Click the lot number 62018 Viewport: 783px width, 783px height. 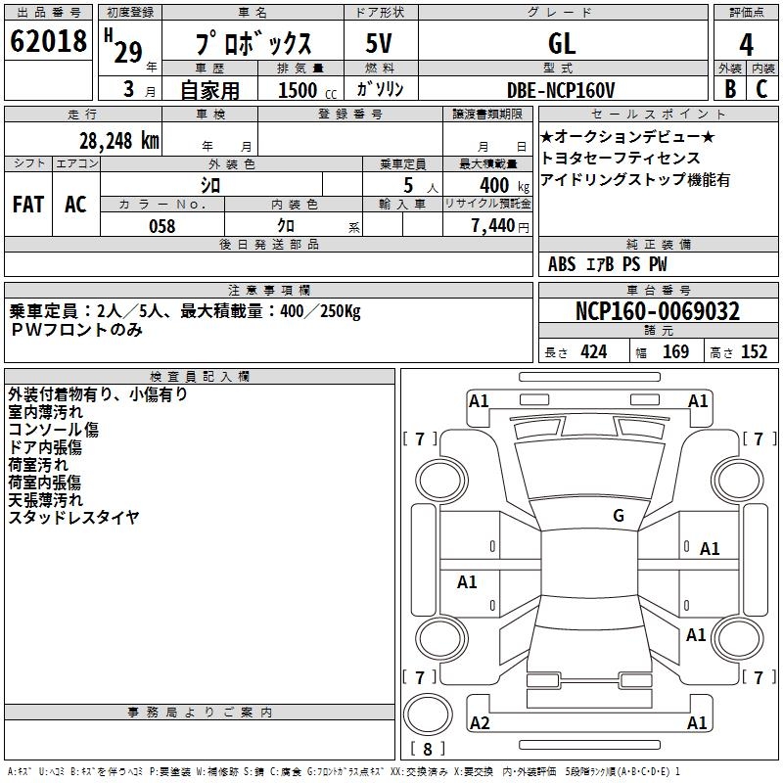click(x=48, y=40)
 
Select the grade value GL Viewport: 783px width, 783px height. click(x=562, y=43)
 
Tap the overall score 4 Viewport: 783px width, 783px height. click(x=746, y=44)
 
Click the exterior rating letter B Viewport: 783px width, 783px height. click(x=730, y=89)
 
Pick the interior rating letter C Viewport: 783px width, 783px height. click(x=761, y=89)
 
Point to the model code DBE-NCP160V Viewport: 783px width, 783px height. click(x=561, y=90)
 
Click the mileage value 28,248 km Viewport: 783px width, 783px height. click(x=119, y=141)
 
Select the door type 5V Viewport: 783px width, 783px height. click(x=379, y=43)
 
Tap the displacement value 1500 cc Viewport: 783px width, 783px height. click(x=307, y=90)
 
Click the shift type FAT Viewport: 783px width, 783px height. click(x=28, y=205)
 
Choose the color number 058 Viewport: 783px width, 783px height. click(x=162, y=226)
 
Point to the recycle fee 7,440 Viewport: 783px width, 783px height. click(x=493, y=226)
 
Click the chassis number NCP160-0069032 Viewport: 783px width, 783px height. click(x=658, y=311)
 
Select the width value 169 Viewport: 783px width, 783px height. click(x=675, y=352)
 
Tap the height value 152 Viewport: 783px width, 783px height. click(x=754, y=352)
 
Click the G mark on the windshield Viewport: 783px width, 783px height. click(x=619, y=515)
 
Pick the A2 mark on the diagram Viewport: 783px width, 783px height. click(x=480, y=723)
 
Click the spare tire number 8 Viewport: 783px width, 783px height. click(x=428, y=749)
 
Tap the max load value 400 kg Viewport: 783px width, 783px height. click(x=504, y=185)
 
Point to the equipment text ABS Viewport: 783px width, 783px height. click(x=562, y=264)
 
